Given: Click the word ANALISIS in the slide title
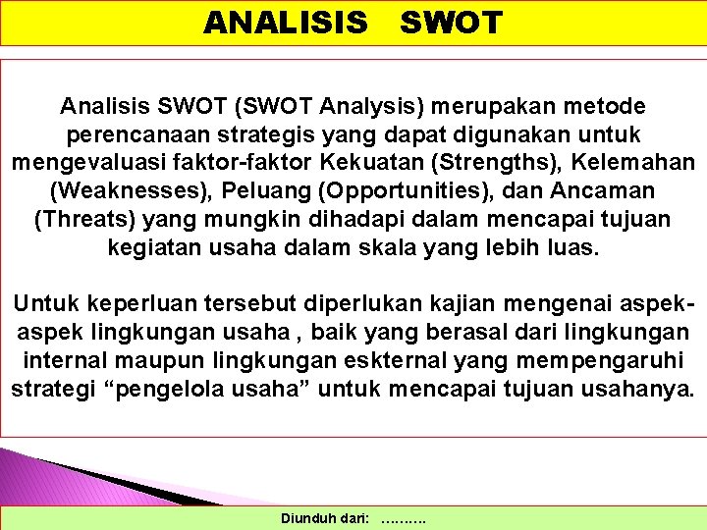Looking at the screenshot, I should coord(286,22).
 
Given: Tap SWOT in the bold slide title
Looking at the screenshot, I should coord(451,22).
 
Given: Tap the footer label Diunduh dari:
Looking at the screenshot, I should coord(325,517).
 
